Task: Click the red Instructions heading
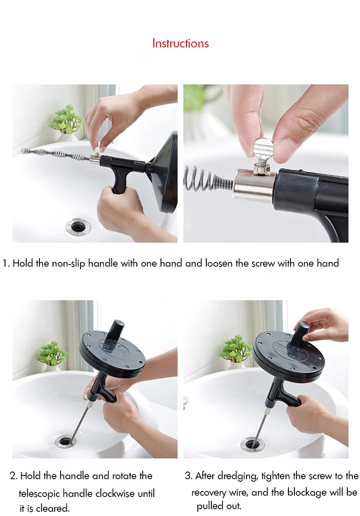(x=180, y=43)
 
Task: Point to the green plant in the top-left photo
(x=66, y=119)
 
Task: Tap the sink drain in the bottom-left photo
(x=66, y=441)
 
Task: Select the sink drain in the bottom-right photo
(x=252, y=443)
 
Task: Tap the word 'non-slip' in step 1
(x=69, y=264)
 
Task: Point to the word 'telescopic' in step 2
(x=40, y=494)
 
